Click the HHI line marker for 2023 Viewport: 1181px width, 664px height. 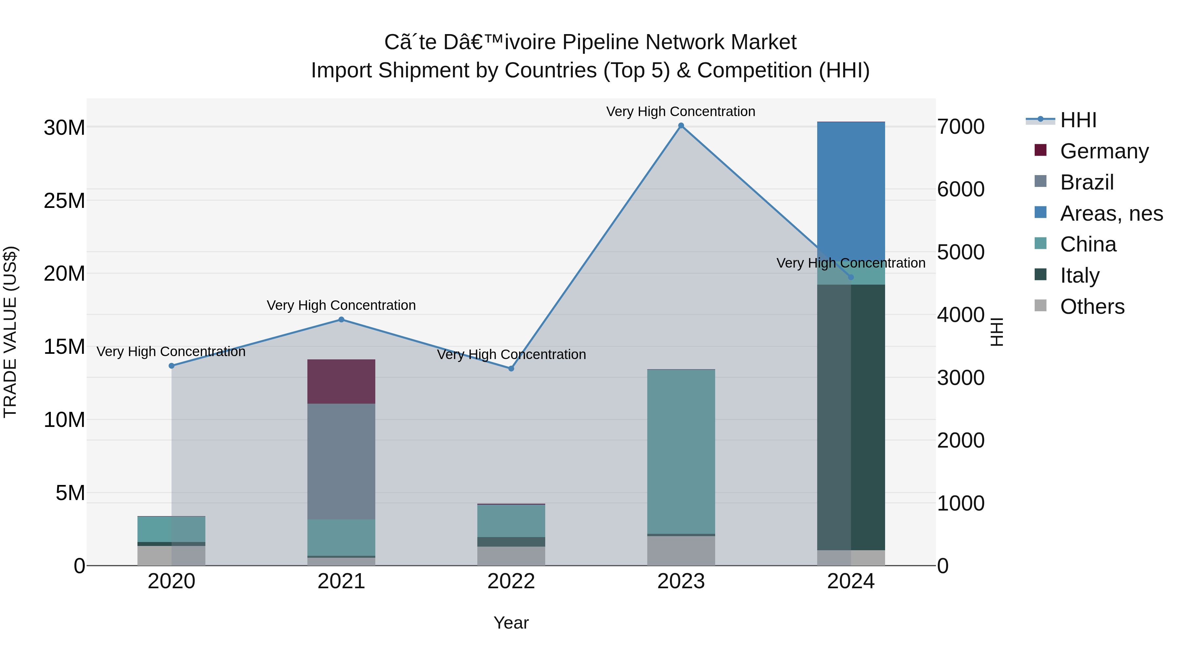[x=681, y=126]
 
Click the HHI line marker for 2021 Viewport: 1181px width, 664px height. [x=341, y=319]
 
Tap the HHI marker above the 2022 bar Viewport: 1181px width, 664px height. [x=511, y=369]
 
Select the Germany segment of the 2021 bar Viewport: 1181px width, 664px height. [x=341, y=381]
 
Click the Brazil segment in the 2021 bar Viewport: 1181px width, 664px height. [x=341, y=461]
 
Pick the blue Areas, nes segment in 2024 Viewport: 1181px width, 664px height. [x=851, y=188]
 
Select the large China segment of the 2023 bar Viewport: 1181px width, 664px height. [x=681, y=452]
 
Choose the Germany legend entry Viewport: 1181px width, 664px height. [x=1104, y=151]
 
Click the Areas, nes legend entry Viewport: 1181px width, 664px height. [x=1111, y=213]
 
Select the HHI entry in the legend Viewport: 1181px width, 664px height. [x=1077, y=120]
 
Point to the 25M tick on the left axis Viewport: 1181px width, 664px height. [x=64, y=201]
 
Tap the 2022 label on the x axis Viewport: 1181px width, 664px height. [x=511, y=581]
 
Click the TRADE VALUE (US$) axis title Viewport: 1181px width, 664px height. [x=10, y=332]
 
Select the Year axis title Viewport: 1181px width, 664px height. [x=511, y=623]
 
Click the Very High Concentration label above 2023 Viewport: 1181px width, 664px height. [x=681, y=111]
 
